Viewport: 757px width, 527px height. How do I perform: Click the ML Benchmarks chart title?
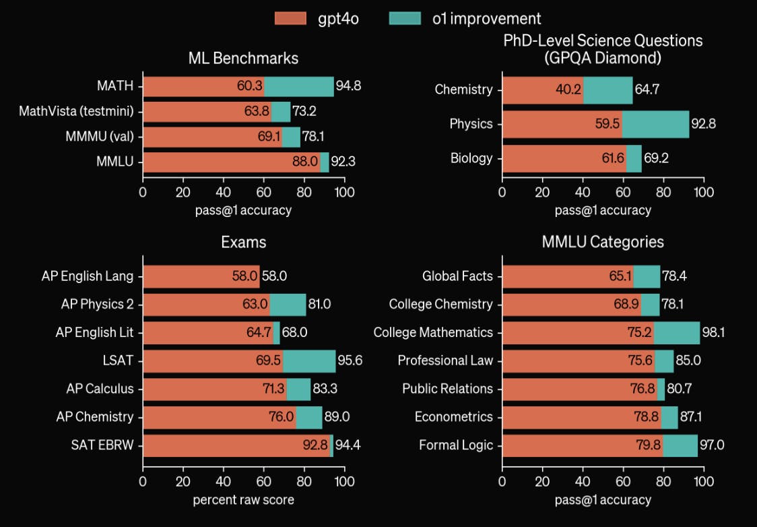(243, 59)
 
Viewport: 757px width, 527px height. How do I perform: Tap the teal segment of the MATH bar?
(299, 86)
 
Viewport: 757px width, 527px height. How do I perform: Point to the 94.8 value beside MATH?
(348, 86)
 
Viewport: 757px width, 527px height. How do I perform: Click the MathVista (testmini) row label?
(77, 112)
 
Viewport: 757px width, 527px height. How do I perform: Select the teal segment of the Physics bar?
(655, 124)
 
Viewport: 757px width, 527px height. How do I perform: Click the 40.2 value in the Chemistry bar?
(568, 90)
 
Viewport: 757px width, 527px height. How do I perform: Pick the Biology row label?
(471, 159)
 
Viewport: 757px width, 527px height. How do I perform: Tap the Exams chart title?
(243, 242)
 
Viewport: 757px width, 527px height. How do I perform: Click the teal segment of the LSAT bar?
(309, 361)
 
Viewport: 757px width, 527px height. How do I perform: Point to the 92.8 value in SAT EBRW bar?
(315, 445)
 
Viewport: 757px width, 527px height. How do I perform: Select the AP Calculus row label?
(100, 389)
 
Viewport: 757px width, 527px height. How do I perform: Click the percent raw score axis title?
(243, 500)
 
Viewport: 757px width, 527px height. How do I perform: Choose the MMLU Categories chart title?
(603, 242)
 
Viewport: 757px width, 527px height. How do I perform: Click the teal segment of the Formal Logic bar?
(680, 445)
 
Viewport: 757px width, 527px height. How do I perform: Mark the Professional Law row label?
(445, 361)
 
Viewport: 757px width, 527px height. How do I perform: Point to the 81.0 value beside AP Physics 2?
(319, 304)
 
